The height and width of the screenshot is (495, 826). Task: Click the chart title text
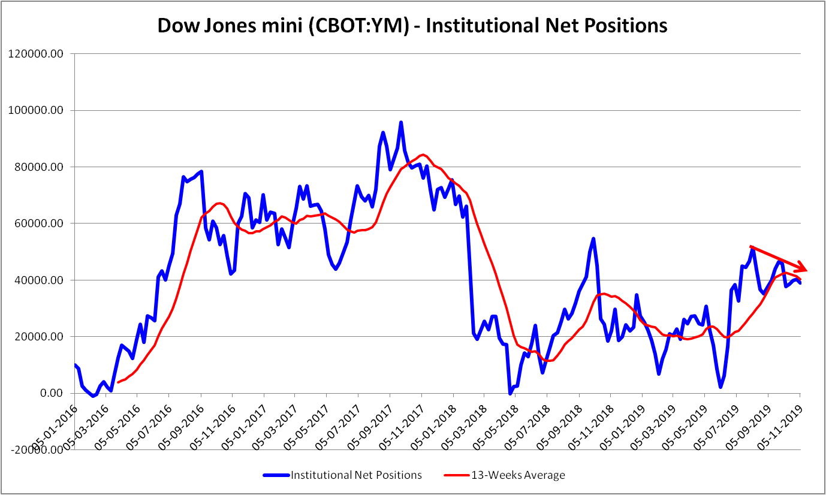pyautogui.click(x=412, y=26)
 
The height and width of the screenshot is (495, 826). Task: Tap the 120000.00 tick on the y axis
pyautogui.click(x=38, y=54)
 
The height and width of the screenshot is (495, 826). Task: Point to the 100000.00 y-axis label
pyautogui.click(x=38, y=110)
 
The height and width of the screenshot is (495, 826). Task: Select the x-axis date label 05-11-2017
pyautogui.click(x=402, y=422)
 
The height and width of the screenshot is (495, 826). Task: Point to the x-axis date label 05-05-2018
pyautogui.click(x=497, y=422)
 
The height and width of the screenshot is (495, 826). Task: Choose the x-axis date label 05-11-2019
pyautogui.click(x=781, y=422)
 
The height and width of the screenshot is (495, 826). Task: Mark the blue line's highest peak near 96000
pyautogui.click(x=401, y=122)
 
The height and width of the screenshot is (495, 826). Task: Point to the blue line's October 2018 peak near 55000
pyautogui.click(x=593, y=239)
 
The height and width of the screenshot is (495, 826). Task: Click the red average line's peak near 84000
pyautogui.click(x=422, y=155)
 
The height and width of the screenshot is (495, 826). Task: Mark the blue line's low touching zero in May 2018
pyautogui.click(x=510, y=393)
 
